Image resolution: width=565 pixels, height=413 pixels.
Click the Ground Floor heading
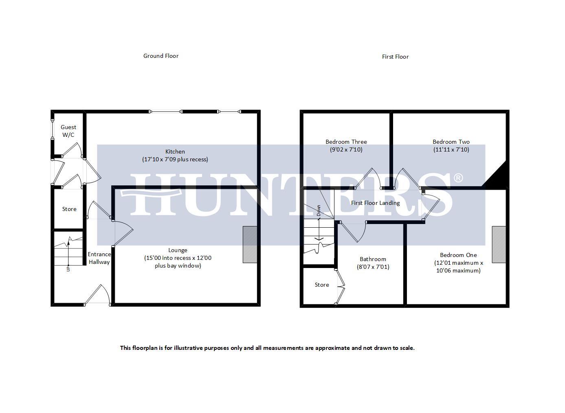(x=160, y=56)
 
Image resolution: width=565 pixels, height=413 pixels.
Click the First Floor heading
(x=395, y=57)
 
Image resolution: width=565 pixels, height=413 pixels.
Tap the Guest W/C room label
(x=68, y=131)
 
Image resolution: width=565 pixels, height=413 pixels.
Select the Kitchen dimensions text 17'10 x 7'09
(x=175, y=159)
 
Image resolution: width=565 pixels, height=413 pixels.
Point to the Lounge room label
(x=178, y=250)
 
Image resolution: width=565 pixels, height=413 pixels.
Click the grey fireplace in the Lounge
(x=250, y=244)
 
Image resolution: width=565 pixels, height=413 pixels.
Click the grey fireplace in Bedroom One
(x=499, y=244)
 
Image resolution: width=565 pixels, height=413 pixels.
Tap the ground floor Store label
(x=69, y=209)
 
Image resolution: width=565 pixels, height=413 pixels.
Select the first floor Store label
(x=321, y=285)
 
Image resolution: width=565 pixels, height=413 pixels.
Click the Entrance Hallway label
(x=99, y=258)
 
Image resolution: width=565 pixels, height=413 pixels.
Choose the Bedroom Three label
(x=346, y=142)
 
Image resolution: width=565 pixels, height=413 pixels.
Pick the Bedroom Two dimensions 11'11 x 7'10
(x=451, y=149)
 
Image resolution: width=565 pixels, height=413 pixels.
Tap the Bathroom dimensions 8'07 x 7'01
(x=373, y=267)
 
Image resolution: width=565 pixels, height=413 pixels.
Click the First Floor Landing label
(x=375, y=203)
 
